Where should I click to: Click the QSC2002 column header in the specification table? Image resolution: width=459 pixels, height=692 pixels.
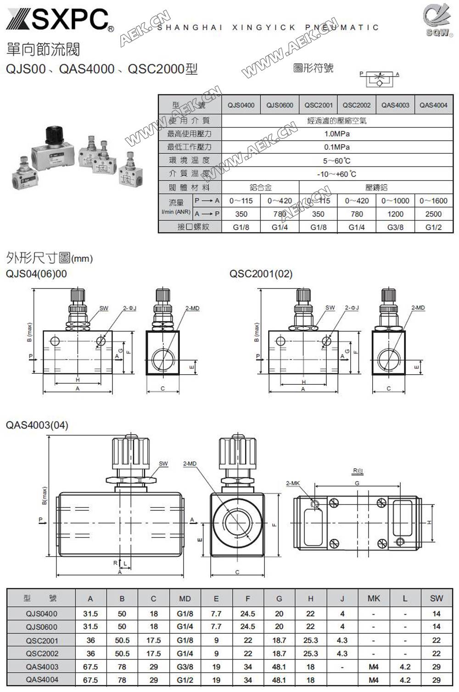356,105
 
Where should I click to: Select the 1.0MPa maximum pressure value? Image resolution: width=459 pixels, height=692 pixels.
337,134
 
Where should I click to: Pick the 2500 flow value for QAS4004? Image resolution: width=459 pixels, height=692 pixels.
433,214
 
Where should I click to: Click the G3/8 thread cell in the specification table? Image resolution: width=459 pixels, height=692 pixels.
395,227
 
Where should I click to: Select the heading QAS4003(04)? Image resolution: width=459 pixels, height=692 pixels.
37,425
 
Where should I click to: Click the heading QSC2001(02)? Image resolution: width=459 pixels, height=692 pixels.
261,274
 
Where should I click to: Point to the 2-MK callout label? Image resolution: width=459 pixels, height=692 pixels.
292,483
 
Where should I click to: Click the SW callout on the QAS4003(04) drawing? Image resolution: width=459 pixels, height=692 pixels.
163,464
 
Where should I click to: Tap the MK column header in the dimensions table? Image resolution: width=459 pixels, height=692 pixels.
374,598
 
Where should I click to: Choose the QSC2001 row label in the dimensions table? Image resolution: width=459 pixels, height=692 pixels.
42,640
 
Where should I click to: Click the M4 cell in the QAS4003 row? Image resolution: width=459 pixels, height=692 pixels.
374,667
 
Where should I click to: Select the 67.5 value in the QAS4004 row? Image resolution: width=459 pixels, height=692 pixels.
90,680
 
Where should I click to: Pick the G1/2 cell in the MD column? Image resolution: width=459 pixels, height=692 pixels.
185,680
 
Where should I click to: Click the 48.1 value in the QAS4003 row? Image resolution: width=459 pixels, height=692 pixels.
279,667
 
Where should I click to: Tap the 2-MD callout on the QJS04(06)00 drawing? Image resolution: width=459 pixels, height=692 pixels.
192,308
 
